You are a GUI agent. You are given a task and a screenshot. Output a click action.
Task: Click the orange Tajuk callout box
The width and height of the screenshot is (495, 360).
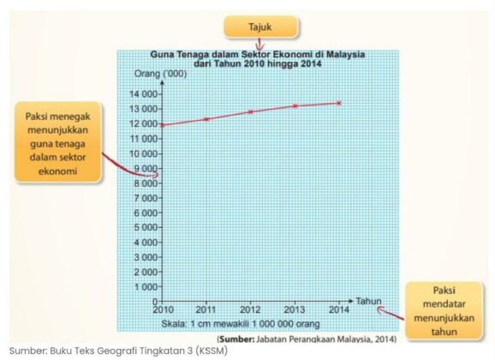click(259, 27)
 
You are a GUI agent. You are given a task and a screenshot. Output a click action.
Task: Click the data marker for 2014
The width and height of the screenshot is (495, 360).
click(339, 103)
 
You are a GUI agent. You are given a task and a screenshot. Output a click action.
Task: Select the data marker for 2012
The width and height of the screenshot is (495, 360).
click(250, 111)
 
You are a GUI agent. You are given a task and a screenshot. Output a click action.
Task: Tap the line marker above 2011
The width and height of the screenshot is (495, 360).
click(206, 118)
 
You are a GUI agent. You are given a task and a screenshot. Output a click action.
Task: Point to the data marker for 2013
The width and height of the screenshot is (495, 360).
click(295, 105)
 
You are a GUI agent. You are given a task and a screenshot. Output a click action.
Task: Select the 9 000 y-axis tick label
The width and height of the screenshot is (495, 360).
click(142, 168)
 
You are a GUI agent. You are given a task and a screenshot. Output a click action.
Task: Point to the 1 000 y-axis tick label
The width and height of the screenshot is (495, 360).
click(142, 287)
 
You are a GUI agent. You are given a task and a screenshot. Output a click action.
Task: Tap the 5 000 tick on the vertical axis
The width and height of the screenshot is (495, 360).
click(142, 227)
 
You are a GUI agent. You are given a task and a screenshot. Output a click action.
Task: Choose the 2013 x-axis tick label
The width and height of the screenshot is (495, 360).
click(295, 309)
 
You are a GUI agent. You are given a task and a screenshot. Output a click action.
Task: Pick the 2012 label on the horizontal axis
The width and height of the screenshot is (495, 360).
click(250, 309)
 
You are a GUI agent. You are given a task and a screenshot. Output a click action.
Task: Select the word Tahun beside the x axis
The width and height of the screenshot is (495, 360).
click(367, 301)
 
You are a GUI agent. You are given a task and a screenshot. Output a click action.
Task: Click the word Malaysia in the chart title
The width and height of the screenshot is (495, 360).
click(344, 53)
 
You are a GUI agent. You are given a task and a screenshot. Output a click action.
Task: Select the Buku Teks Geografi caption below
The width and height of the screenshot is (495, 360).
click(119, 351)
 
